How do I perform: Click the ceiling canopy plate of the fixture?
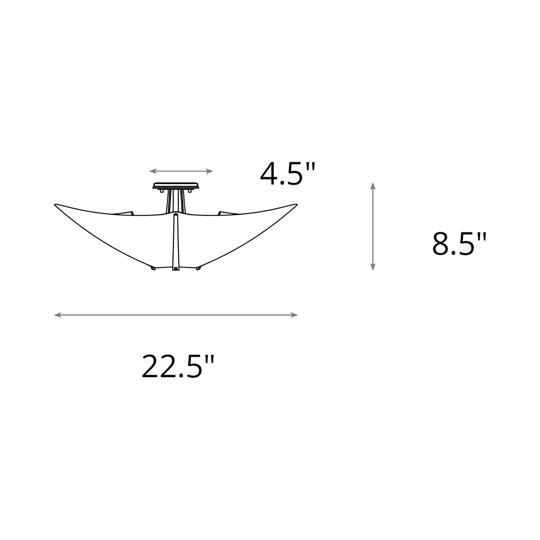[x=176, y=186]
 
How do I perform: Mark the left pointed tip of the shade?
[x=56, y=204]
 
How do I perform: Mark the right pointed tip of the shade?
[x=297, y=204]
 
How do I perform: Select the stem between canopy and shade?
[x=175, y=201]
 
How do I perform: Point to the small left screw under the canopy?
[x=161, y=191]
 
